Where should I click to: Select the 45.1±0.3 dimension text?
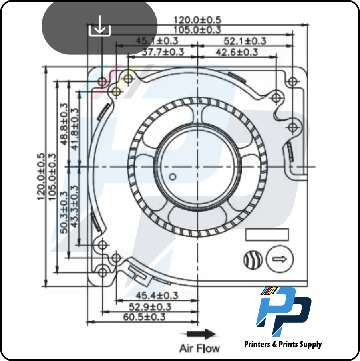tap(157, 41)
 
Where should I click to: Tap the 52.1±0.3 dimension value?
tap(245, 41)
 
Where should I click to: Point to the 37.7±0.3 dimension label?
tap(163, 52)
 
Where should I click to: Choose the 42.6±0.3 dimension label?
tap(237, 52)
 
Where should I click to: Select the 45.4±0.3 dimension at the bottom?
tap(157, 296)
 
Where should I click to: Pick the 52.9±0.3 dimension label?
tap(150, 307)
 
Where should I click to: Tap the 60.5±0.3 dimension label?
tap(145, 317)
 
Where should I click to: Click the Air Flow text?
tap(199, 348)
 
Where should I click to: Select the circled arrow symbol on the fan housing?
tap(280, 259)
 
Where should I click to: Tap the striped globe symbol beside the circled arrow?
tap(253, 260)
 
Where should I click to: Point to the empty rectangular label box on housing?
tap(267, 235)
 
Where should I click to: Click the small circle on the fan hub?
tap(173, 177)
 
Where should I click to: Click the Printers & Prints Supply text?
tap(283, 344)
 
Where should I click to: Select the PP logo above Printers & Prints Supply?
tap(283, 311)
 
